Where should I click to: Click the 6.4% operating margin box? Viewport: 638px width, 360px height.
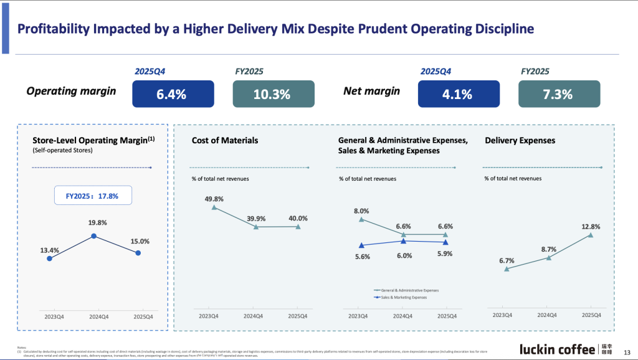[173, 94]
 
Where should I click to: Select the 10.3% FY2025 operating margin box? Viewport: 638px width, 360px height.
[273, 94]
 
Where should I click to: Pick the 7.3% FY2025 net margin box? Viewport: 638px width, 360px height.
[559, 94]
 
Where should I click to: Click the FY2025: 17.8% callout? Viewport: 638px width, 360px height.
[92, 196]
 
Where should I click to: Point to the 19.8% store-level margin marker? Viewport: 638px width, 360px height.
[93, 236]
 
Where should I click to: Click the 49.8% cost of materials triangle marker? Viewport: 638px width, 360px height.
[214, 207]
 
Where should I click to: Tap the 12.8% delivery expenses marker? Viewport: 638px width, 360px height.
[590, 235]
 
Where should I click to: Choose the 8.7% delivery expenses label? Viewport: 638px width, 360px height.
[548, 249]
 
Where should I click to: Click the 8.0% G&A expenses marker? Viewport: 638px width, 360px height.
[361, 220]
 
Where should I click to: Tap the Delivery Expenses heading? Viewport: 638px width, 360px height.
[520, 141]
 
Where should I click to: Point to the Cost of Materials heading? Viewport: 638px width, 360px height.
[225, 141]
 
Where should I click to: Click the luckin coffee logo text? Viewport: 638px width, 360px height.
[557, 349]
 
